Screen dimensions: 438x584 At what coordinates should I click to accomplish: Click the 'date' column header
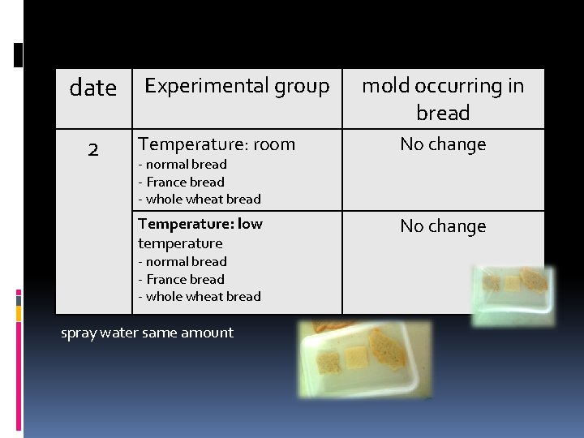point(93,88)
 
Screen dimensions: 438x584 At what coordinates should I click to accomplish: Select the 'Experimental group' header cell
point(237,86)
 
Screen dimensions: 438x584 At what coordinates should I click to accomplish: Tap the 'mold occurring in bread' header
point(443,98)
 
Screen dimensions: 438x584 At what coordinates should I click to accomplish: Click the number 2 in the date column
point(93,149)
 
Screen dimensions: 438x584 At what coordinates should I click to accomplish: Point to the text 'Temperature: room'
point(217,144)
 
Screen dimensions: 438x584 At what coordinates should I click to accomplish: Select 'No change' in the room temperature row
point(443,144)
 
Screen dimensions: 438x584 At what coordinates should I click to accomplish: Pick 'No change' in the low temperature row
point(443,226)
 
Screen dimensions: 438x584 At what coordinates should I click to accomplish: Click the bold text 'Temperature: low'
point(200,224)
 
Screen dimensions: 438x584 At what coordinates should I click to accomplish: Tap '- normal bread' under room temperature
point(182,165)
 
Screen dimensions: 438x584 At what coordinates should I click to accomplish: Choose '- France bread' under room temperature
point(181,182)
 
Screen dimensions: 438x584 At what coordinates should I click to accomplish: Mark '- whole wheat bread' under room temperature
point(200,200)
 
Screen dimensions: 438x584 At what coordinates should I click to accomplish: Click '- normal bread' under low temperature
point(182,262)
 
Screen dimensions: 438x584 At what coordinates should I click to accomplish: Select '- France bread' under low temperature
point(181,280)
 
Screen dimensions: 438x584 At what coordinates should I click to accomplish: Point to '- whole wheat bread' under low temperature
point(200,297)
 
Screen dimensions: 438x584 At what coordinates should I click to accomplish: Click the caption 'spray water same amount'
point(147,333)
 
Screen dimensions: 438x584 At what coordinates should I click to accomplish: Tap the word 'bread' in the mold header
point(443,113)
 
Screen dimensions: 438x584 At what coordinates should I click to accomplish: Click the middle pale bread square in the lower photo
point(357,357)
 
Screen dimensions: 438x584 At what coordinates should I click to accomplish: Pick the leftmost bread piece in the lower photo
point(328,362)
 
